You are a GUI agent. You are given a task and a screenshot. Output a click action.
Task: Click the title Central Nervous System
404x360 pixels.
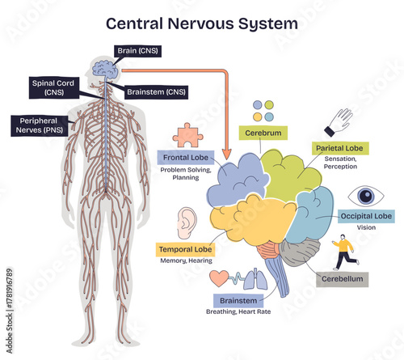tap(201, 23)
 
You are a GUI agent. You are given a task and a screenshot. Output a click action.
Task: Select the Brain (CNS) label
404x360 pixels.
tap(138, 51)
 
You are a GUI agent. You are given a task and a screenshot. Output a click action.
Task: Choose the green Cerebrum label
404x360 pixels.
tap(263, 131)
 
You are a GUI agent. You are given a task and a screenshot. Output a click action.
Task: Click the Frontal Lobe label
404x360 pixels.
tap(187, 158)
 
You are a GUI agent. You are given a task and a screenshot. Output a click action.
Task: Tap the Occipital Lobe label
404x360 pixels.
tap(365, 216)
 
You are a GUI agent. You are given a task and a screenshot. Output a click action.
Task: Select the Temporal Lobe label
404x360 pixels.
tap(185, 249)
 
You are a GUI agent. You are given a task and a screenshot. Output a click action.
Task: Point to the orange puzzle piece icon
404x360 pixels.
tap(188, 134)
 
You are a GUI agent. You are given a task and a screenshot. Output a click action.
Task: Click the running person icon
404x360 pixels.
tap(343, 250)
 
